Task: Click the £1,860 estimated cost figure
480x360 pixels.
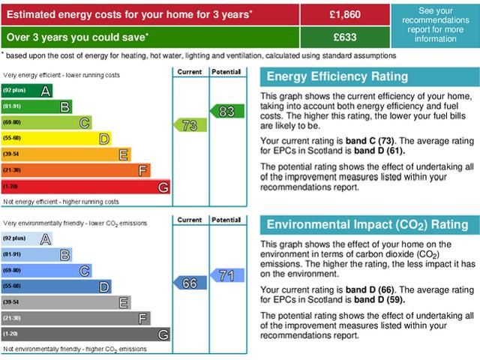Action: (x=345, y=14)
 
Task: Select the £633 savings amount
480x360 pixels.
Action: (x=345, y=37)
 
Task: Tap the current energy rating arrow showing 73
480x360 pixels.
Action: (x=190, y=125)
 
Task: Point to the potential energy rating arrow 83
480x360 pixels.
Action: (x=227, y=111)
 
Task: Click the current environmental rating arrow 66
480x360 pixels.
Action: (x=190, y=283)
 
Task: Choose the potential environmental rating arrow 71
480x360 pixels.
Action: (x=227, y=275)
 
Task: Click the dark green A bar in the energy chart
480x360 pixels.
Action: (x=27, y=91)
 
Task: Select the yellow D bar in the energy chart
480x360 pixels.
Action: (x=56, y=139)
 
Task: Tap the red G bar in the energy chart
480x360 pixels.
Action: (x=85, y=187)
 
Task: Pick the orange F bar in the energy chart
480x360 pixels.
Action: (x=76, y=170)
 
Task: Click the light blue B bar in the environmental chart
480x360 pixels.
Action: (x=37, y=255)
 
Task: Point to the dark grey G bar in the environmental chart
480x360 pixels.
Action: (x=85, y=334)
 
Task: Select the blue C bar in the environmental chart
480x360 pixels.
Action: (x=46, y=271)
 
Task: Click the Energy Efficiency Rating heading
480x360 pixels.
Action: (x=337, y=76)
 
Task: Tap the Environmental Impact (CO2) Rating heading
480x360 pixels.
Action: (x=367, y=225)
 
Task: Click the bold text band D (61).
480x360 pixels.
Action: (x=379, y=151)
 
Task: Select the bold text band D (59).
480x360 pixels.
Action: (x=379, y=299)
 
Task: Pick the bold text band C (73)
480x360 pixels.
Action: (x=370, y=141)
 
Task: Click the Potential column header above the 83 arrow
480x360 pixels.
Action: (x=226, y=72)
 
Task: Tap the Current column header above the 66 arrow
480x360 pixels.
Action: (x=190, y=220)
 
